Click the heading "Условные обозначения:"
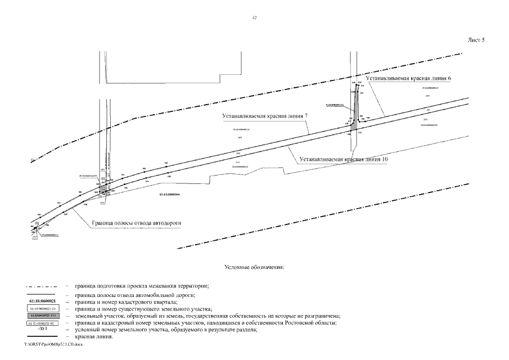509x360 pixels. (254, 266)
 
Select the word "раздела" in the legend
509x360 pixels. (245, 330)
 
